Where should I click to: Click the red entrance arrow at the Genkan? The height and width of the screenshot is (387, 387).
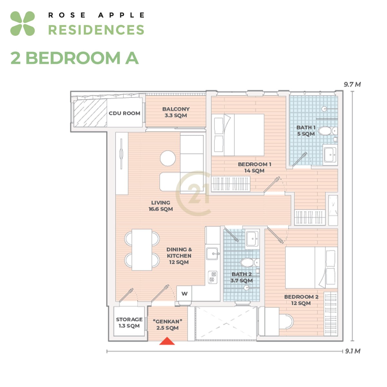[x=167, y=341]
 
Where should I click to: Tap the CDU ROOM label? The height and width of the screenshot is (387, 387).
[x=124, y=113]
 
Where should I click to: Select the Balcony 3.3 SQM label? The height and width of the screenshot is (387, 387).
[x=176, y=112]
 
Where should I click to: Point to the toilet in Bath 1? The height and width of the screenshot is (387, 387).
[x=328, y=131]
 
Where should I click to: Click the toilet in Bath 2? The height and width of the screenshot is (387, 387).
[x=250, y=263]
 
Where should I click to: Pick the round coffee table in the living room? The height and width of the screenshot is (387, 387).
[x=168, y=158]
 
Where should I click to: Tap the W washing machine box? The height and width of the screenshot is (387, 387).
[x=184, y=293]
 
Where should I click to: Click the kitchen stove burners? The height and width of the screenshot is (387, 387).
[x=213, y=277]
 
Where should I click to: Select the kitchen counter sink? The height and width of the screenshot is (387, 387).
[x=212, y=253]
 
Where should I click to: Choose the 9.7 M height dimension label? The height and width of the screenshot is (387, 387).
[x=352, y=84]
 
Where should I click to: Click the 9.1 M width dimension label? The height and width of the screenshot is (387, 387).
[x=353, y=351]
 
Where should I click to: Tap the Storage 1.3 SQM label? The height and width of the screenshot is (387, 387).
[x=129, y=322]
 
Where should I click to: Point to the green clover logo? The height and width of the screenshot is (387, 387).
[x=23, y=24]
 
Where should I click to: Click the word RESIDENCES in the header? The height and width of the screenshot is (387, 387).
[x=96, y=30]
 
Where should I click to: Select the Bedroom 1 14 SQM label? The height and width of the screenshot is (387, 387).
[x=254, y=167]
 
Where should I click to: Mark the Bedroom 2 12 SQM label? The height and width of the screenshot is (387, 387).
[x=301, y=300]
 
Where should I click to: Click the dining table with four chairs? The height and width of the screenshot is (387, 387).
[x=142, y=250]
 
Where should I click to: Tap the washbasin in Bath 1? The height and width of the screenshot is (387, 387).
[x=330, y=155]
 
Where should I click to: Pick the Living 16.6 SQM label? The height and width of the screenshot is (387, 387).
[x=161, y=206]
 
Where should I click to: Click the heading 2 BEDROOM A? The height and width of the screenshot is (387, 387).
[x=74, y=58]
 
